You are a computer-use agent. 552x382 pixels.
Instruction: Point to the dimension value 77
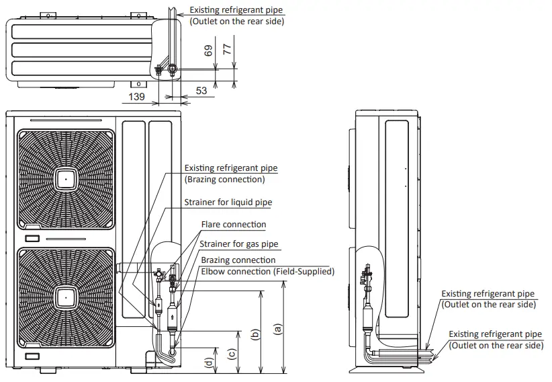pos(227,49)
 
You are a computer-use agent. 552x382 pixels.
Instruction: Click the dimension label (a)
pos(277,328)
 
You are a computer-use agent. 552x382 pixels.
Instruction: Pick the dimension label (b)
pos(255,333)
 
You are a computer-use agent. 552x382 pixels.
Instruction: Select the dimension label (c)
pos(232,352)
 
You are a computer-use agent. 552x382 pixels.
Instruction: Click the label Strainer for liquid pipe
pos(228,202)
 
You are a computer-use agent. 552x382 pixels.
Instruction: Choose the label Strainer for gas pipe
pos(238,243)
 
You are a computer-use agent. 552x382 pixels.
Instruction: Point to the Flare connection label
pos(233,224)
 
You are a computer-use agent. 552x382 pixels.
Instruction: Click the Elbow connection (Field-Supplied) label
pos(267,271)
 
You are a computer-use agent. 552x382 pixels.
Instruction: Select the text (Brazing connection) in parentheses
pos(224,180)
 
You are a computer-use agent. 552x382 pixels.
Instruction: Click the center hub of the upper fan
pos(66,179)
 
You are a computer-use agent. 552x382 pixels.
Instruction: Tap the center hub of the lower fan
pos(66,296)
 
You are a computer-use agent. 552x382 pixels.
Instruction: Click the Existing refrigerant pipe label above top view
pos(236,11)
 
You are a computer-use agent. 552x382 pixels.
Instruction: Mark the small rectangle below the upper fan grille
pos(32,239)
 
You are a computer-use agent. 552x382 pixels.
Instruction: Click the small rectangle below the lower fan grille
pos(32,355)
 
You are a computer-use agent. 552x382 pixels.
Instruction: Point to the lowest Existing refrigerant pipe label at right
pos(495,334)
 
